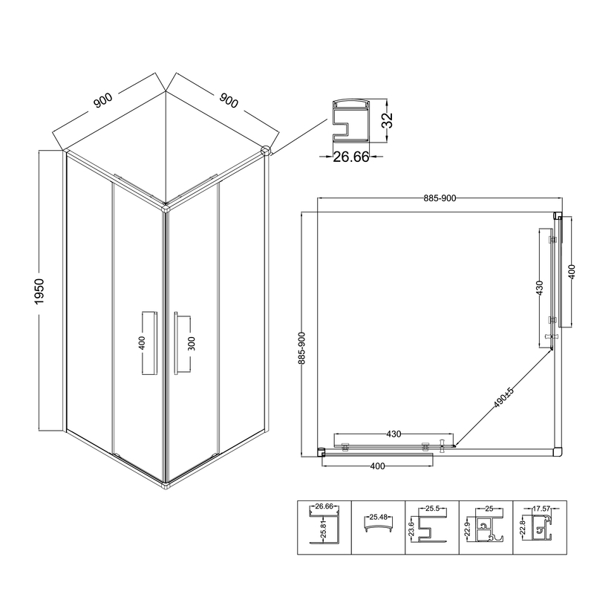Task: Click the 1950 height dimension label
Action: pyautogui.click(x=39, y=291)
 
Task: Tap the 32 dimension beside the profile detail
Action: pyautogui.click(x=388, y=120)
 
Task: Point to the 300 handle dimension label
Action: pyautogui.click(x=192, y=344)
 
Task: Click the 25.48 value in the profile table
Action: pyautogui.click(x=379, y=517)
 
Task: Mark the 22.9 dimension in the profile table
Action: pyautogui.click(x=467, y=529)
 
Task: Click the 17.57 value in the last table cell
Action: pyautogui.click(x=541, y=509)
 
